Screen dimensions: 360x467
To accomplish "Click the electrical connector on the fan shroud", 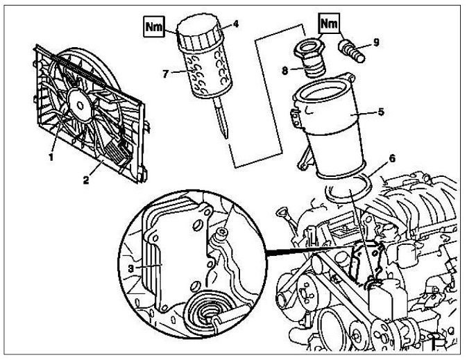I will click(x=121, y=150).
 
